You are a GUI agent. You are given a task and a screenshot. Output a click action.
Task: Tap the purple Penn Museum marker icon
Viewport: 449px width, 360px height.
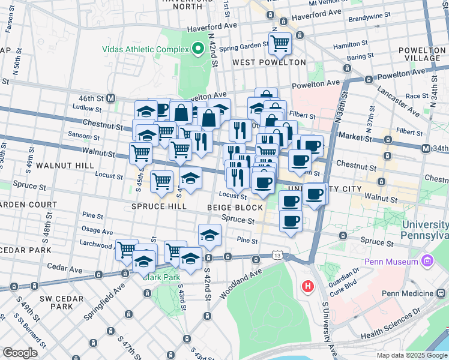click(427, 262)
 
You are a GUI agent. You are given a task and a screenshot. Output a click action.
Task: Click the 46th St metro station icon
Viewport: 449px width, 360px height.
click(111, 98)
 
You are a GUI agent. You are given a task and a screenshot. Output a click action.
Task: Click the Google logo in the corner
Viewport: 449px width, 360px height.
click(20, 353)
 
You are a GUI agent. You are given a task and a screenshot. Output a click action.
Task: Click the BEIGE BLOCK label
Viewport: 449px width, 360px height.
click(235, 208)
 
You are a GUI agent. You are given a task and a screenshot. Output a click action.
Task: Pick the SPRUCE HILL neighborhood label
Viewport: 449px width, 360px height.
click(156, 208)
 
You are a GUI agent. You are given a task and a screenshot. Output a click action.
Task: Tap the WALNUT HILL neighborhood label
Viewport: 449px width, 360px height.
click(64, 164)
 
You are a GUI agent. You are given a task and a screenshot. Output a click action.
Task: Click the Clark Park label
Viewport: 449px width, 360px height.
click(157, 277)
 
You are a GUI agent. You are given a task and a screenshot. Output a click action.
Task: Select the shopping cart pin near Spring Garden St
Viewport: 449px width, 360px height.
click(280, 43)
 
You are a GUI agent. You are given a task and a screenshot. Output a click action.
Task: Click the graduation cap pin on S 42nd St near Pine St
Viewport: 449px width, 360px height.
click(209, 235)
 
